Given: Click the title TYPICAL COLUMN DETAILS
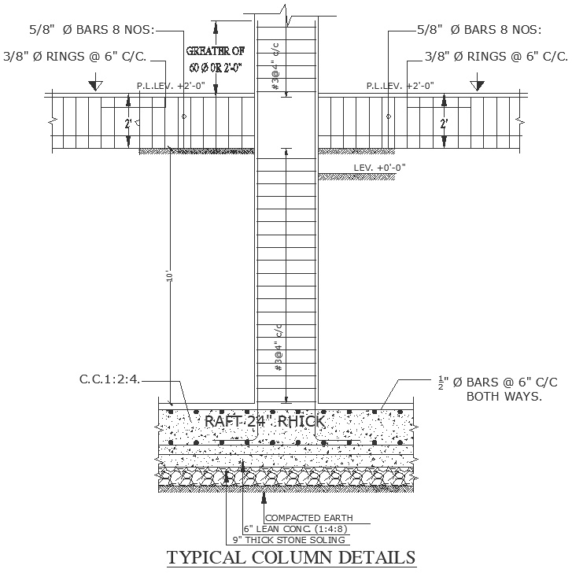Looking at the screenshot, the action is point(291,557).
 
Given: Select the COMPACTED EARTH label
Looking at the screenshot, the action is point(309,518).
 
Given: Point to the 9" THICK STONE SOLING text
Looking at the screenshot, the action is point(290,540).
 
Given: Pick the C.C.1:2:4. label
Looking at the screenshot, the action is point(110,379).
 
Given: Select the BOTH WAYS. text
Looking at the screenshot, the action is point(504,396).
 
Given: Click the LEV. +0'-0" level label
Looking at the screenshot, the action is point(380,167).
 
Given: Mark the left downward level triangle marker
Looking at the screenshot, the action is point(94,83).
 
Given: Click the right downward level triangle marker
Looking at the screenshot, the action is point(476,83).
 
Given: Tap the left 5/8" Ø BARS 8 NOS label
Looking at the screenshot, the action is point(92,30).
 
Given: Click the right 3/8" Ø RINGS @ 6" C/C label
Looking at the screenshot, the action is point(496,56).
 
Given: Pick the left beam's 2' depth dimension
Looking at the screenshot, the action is point(129,123).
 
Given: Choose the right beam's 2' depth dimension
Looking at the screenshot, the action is point(444,123).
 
